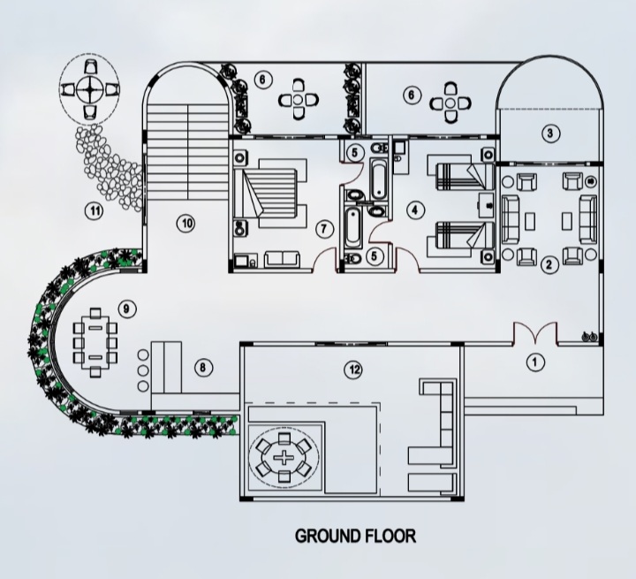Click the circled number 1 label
[535, 362]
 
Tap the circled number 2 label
[549, 265]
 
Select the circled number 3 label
[550, 133]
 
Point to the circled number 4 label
[414, 210]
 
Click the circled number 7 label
[323, 229]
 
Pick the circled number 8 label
[203, 368]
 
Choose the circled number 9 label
[127, 309]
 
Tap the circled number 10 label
[186, 224]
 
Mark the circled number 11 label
[95, 211]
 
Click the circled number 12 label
[353, 369]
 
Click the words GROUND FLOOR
[355, 536]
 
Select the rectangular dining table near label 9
[95, 343]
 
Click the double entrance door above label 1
[535, 333]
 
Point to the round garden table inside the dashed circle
[89, 90]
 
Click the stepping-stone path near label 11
[109, 166]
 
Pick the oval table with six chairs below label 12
[284, 458]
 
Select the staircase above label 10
[187, 151]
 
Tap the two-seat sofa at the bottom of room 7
[283, 259]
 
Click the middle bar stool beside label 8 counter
[143, 370]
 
